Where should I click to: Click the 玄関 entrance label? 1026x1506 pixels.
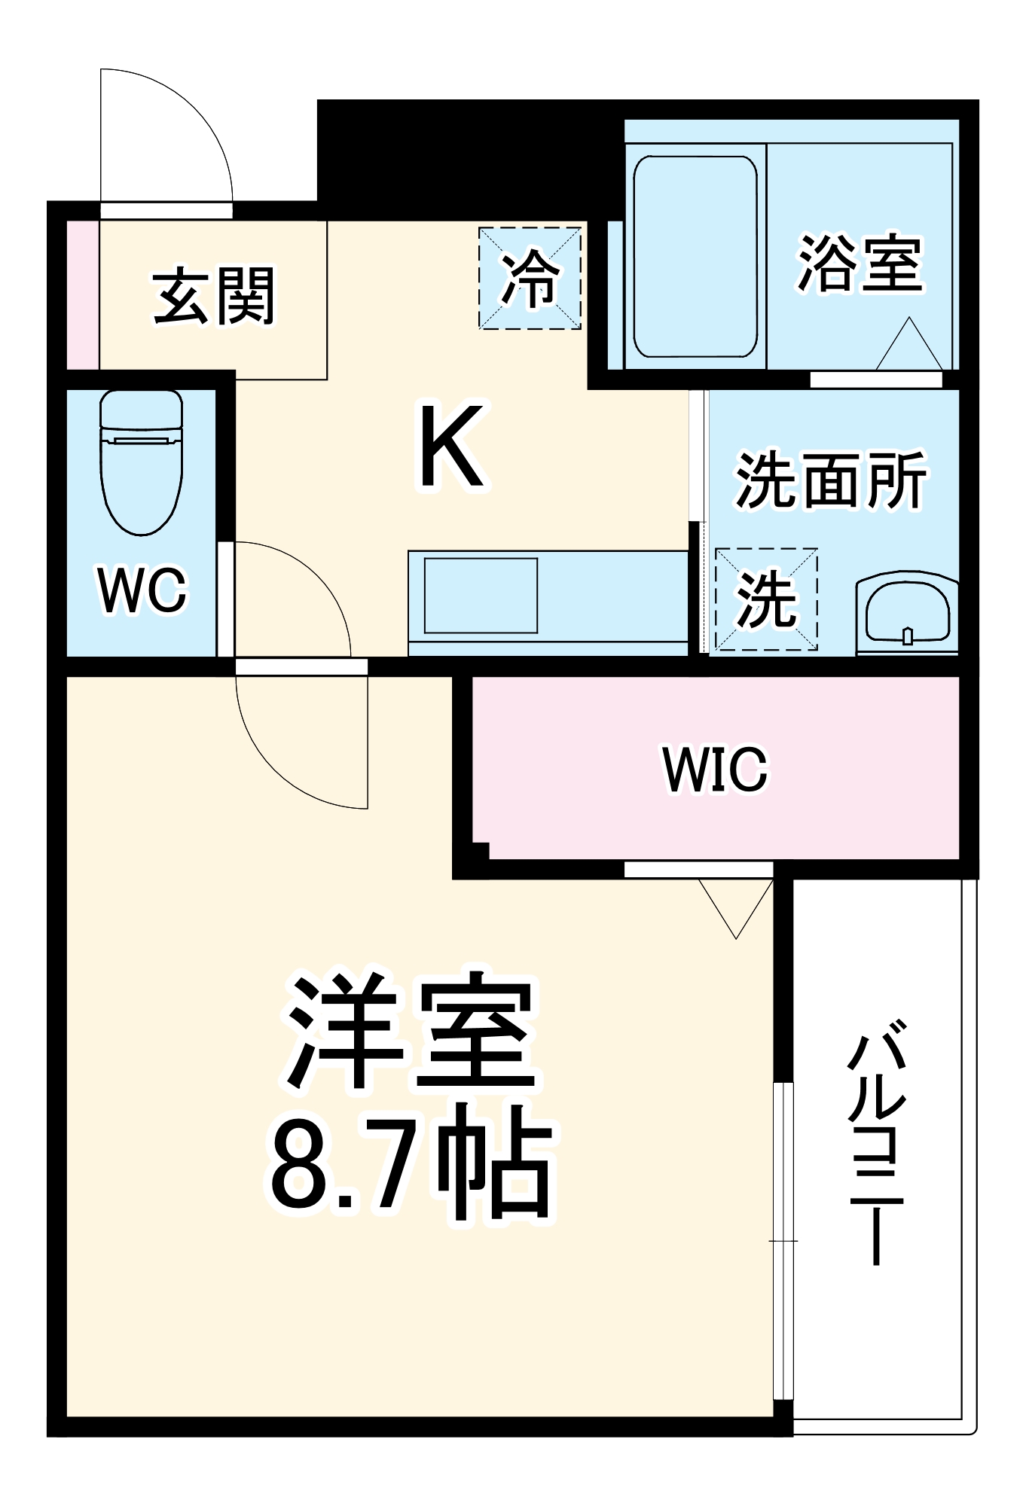(214, 296)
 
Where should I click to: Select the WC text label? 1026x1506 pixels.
(142, 590)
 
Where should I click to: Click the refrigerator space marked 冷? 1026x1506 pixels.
(530, 279)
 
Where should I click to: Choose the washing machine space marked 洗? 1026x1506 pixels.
(766, 599)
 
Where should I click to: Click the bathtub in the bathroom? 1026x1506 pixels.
(695, 257)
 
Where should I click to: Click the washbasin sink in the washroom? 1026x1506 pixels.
(907, 613)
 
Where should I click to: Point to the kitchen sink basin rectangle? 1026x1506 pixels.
(481, 596)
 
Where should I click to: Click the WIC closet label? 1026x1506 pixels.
(715, 769)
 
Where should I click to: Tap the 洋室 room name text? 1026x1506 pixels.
(411, 1032)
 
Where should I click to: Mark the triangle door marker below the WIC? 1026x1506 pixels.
(736, 904)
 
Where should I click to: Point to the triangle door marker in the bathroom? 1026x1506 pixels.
(909, 346)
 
